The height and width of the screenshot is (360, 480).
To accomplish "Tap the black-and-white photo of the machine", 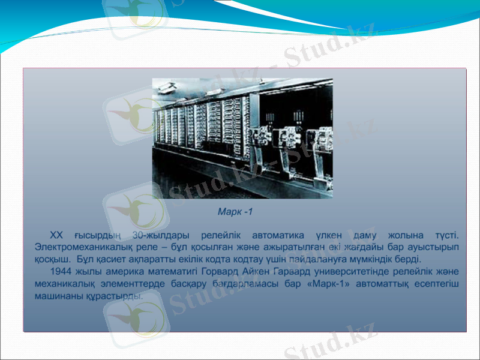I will point(242,138).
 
